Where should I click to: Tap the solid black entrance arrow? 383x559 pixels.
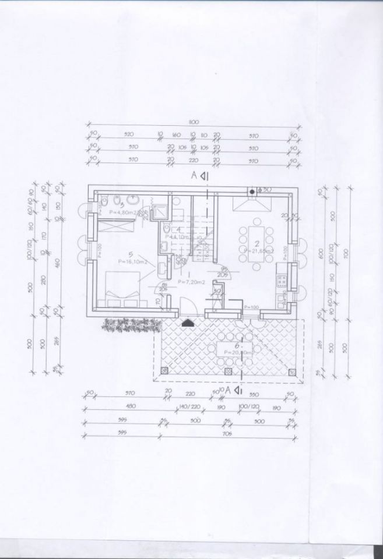[x=187, y=321]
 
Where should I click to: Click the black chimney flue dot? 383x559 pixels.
[x=252, y=190]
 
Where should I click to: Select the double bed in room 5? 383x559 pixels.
[x=122, y=289]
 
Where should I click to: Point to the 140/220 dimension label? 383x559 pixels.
[x=189, y=408]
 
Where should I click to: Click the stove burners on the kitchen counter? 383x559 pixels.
[x=281, y=280]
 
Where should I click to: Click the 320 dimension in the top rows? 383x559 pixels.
[x=129, y=135]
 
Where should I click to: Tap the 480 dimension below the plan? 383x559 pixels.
[x=122, y=408]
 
